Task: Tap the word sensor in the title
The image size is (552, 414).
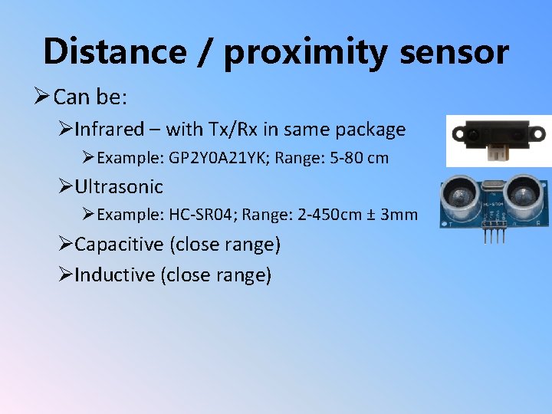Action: pos(453,53)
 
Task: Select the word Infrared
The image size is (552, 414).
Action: pos(109,130)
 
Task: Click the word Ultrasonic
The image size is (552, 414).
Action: pos(119,186)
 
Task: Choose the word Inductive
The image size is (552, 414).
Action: pos(115,274)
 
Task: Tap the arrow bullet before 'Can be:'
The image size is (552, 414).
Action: pos(42,97)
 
